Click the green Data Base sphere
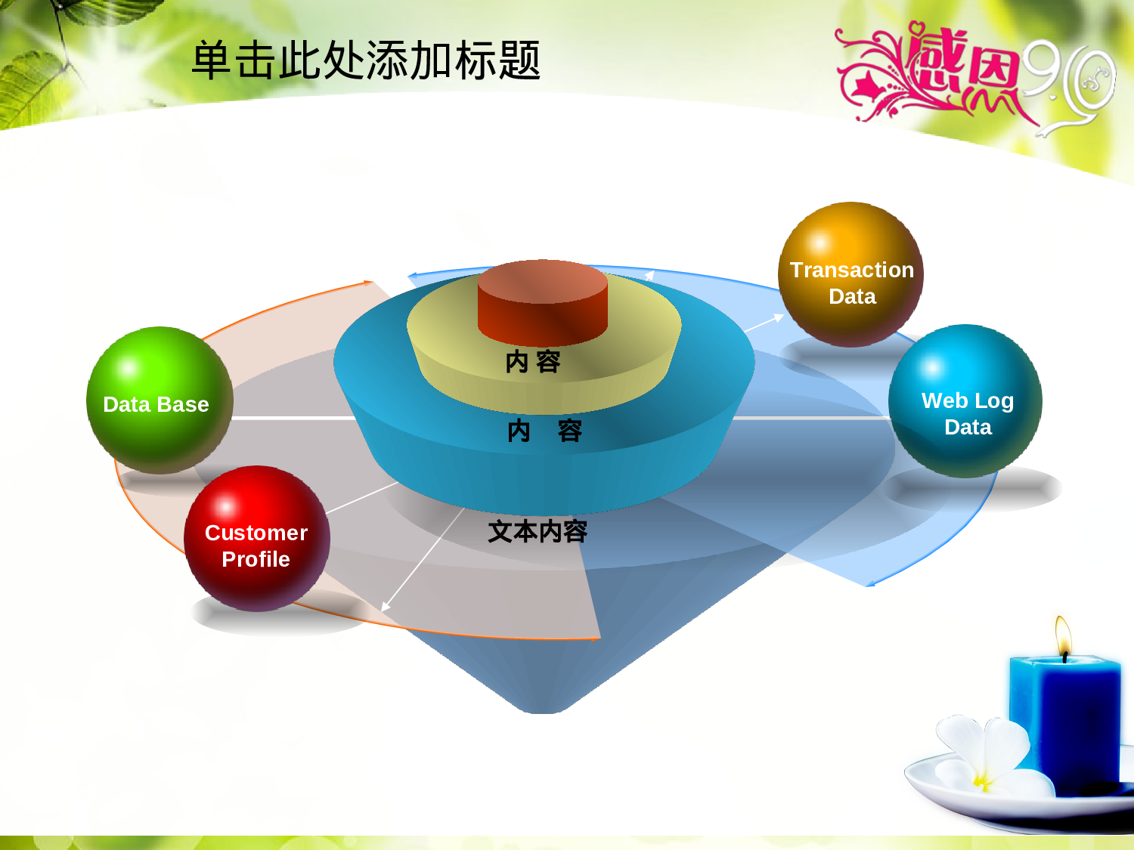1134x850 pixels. [x=160, y=400]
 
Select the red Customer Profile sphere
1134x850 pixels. [x=257, y=538]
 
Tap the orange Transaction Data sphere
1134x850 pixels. [x=851, y=274]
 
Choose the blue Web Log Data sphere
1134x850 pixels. [x=965, y=401]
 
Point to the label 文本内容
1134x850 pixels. [x=538, y=532]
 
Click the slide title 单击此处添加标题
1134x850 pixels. [x=366, y=60]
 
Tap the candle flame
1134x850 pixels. [x=1063, y=636]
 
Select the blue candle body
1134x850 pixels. [x=1065, y=722]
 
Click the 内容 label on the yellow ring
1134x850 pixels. [x=533, y=361]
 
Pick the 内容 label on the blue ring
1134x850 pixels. [x=544, y=431]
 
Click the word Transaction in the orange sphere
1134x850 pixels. [x=852, y=270]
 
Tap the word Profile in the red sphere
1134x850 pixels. [x=256, y=559]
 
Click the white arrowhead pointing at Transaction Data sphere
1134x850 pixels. [x=779, y=317]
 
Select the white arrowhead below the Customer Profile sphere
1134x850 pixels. [x=385, y=607]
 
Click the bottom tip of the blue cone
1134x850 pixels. [x=543, y=712]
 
